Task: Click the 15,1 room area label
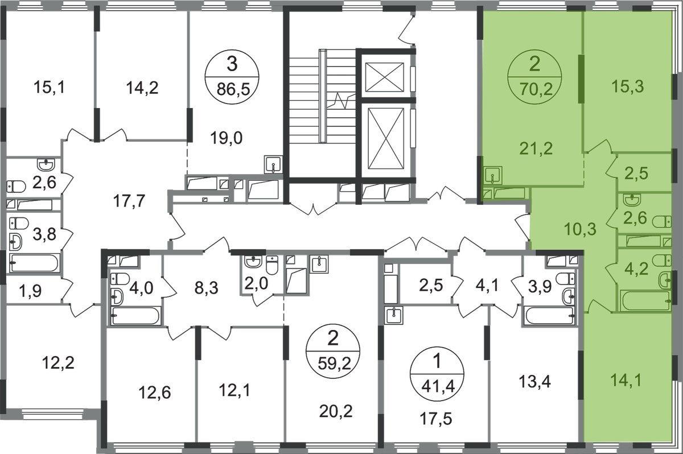pos(49,87)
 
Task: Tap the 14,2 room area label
pos(142,88)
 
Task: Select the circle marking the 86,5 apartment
pos(232,77)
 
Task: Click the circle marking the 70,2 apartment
pos(535,77)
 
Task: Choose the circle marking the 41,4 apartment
pos(437,374)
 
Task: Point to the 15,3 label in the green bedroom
pos(627,86)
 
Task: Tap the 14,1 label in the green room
pos(626,380)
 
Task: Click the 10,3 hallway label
pos(580,229)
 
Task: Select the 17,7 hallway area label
pos(129,201)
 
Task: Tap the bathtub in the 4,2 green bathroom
pos(645,301)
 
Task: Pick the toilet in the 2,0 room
pos(271,265)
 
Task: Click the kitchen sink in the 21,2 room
pos(492,175)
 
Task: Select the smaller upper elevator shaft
pos(385,77)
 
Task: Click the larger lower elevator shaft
pos(386,138)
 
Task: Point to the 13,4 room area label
pos(535,382)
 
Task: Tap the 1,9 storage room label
pos(30,291)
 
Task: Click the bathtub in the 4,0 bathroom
pos(135,316)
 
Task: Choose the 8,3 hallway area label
pos(206,288)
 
